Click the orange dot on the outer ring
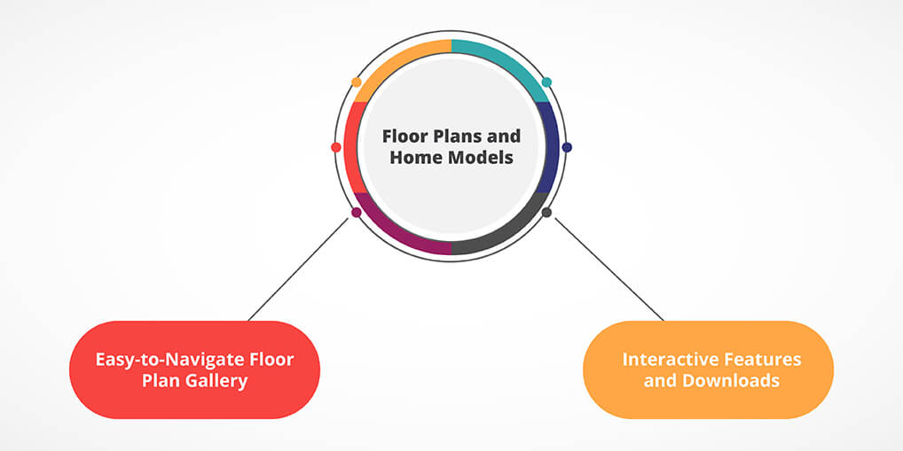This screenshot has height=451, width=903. click(357, 82)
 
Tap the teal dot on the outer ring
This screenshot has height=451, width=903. click(546, 82)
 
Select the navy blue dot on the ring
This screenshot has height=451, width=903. click(567, 147)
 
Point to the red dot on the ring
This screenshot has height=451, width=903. click(335, 147)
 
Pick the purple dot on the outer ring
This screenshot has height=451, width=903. click(357, 213)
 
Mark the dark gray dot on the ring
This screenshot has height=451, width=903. click(546, 213)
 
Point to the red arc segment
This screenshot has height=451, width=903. click(353, 147)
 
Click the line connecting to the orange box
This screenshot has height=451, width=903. click(609, 268)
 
